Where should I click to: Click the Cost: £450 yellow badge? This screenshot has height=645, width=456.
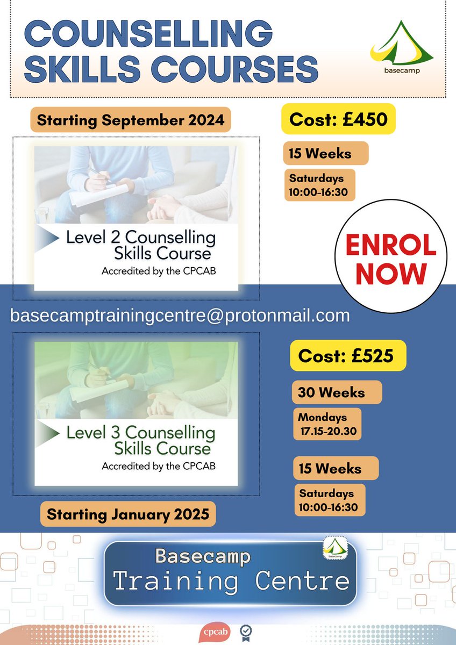(338, 119)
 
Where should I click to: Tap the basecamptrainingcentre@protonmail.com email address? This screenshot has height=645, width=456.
(180, 316)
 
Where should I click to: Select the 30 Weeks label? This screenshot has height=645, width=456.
(337, 392)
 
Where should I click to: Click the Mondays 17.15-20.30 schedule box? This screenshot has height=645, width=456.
(327, 424)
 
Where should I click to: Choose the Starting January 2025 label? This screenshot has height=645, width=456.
(128, 514)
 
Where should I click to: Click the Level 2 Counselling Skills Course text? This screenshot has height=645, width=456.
(141, 245)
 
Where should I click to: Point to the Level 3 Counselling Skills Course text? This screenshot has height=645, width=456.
(141, 439)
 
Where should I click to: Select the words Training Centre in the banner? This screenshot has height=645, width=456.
(231, 581)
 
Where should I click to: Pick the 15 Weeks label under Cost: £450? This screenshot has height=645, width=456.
(325, 153)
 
